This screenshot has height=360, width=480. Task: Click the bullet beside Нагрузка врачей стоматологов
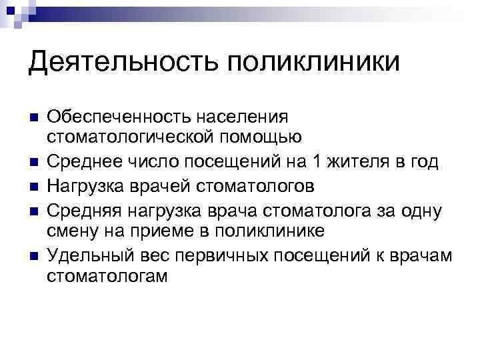pos(33,185)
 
